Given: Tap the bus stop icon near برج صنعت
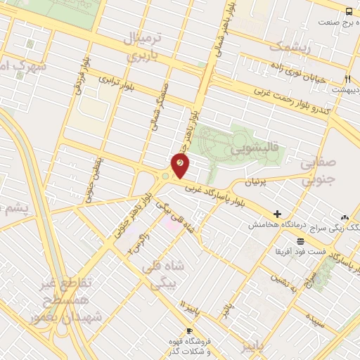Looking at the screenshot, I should [349, 11].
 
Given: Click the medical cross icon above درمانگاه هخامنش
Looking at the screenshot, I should [278, 214].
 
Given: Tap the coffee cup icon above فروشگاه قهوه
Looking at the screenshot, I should [189, 330].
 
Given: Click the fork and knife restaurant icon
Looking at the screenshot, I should [347, 79].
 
